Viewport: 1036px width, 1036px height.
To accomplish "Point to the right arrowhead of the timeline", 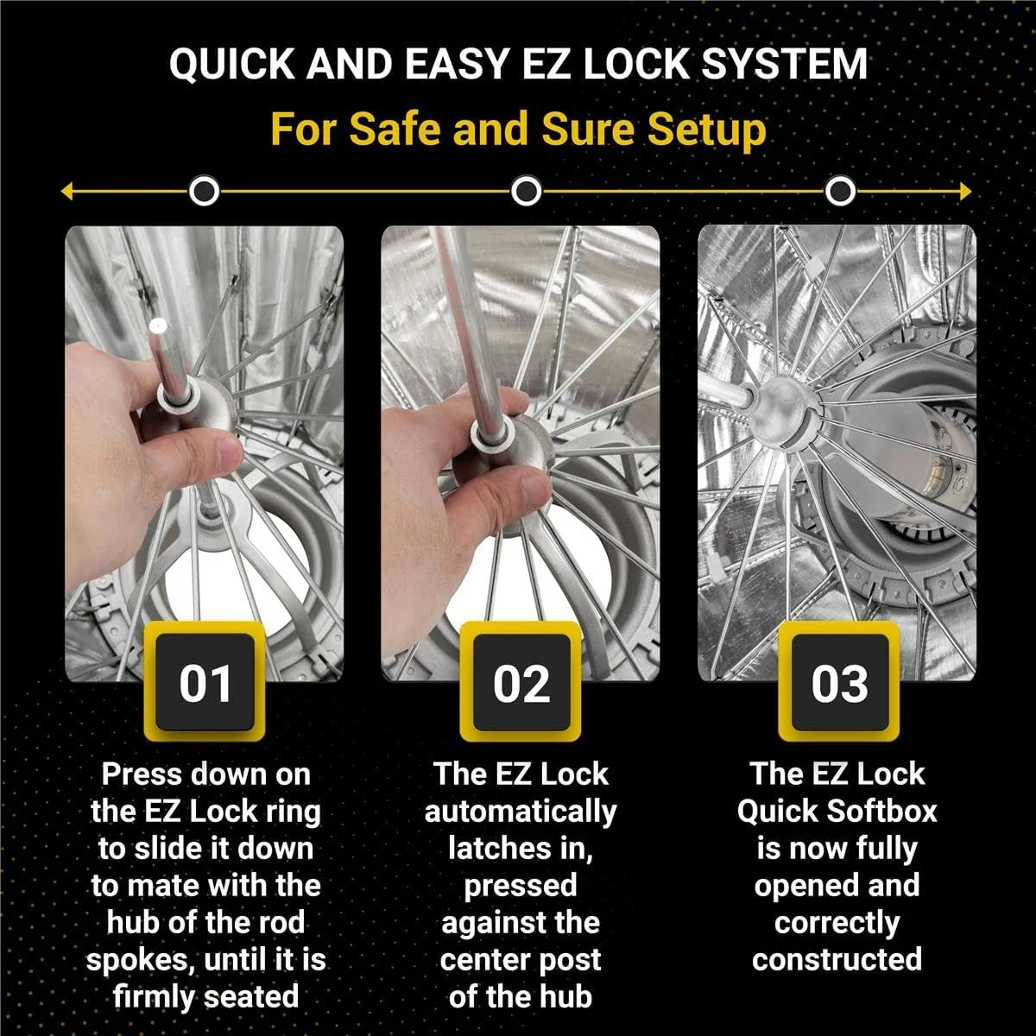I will click(x=966, y=191).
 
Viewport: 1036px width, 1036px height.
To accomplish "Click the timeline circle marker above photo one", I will click(x=204, y=191).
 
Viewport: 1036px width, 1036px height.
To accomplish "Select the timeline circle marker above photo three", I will click(x=840, y=191).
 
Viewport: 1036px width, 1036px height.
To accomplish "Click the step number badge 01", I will click(x=205, y=682).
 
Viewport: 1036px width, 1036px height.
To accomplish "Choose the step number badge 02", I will click(x=521, y=682).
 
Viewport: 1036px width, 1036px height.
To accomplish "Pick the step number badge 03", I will click(x=838, y=682).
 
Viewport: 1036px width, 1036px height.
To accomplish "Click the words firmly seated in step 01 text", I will click(x=205, y=996).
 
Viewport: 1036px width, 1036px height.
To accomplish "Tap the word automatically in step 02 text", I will click(x=521, y=812).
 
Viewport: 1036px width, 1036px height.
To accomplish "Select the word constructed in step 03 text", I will click(x=837, y=959).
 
